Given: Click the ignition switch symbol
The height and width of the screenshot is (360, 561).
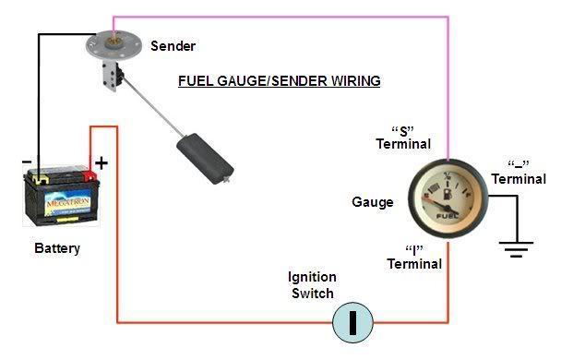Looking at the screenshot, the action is (x=352, y=323).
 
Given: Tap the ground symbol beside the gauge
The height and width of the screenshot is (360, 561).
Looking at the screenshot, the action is (x=517, y=249).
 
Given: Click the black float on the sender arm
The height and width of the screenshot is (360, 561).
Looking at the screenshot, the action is (x=205, y=159).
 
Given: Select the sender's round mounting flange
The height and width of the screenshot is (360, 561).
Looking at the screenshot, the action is (x=113, y=45).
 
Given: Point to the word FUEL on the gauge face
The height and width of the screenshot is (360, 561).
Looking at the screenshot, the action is (x=448, y=216).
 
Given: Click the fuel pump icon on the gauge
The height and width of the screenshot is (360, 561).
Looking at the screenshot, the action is (x=448, y=195).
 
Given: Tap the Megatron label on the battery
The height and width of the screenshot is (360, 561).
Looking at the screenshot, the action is (x=67, y=203).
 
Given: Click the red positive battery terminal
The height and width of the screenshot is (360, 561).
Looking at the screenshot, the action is (x=90, y=175).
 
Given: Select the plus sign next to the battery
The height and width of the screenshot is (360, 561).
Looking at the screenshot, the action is (x=101, y=163).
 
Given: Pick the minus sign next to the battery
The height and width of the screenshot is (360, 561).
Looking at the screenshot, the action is (x=27, y=162).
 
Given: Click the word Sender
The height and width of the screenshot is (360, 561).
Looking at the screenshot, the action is (x=173, y=46).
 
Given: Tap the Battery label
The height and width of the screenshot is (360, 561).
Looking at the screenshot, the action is (x=57, y=248).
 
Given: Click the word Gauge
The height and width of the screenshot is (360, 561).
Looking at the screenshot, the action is (x=373, y=202).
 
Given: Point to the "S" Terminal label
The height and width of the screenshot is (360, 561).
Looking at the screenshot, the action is (x=403, y=138).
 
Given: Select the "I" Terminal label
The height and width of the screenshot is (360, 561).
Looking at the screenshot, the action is (x=414, y=258).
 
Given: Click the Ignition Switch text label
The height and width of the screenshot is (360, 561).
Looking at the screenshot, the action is (x=312, y=285).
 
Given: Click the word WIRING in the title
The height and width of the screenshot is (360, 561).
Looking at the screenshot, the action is (x=355, y=81).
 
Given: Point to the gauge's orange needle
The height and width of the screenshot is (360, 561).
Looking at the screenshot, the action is (x=436, y=203).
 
